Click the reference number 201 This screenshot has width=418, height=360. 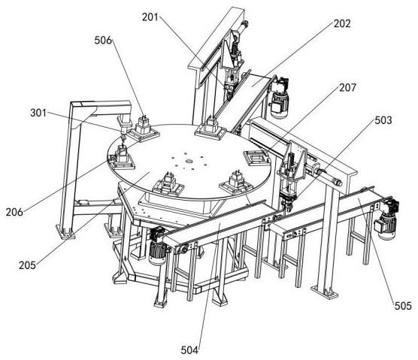pos(150,17)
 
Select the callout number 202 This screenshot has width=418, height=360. pos(342,24)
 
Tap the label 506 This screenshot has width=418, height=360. pos(103,41)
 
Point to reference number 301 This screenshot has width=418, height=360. pos(38,113)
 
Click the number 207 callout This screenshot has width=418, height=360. pos(347,88)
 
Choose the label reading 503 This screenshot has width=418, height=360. pos(383,120)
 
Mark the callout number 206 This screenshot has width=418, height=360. pos(14,212)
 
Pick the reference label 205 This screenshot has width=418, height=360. pos(27,265)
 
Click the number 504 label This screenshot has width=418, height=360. pos(189,350)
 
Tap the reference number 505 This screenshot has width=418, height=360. pos(403,306)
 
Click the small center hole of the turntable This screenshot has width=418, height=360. pos(189,161)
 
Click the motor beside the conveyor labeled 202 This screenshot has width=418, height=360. pos(279,97)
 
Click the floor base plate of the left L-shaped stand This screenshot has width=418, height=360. pos(65,231)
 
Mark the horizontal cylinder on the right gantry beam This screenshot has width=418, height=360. pos(325,176)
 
